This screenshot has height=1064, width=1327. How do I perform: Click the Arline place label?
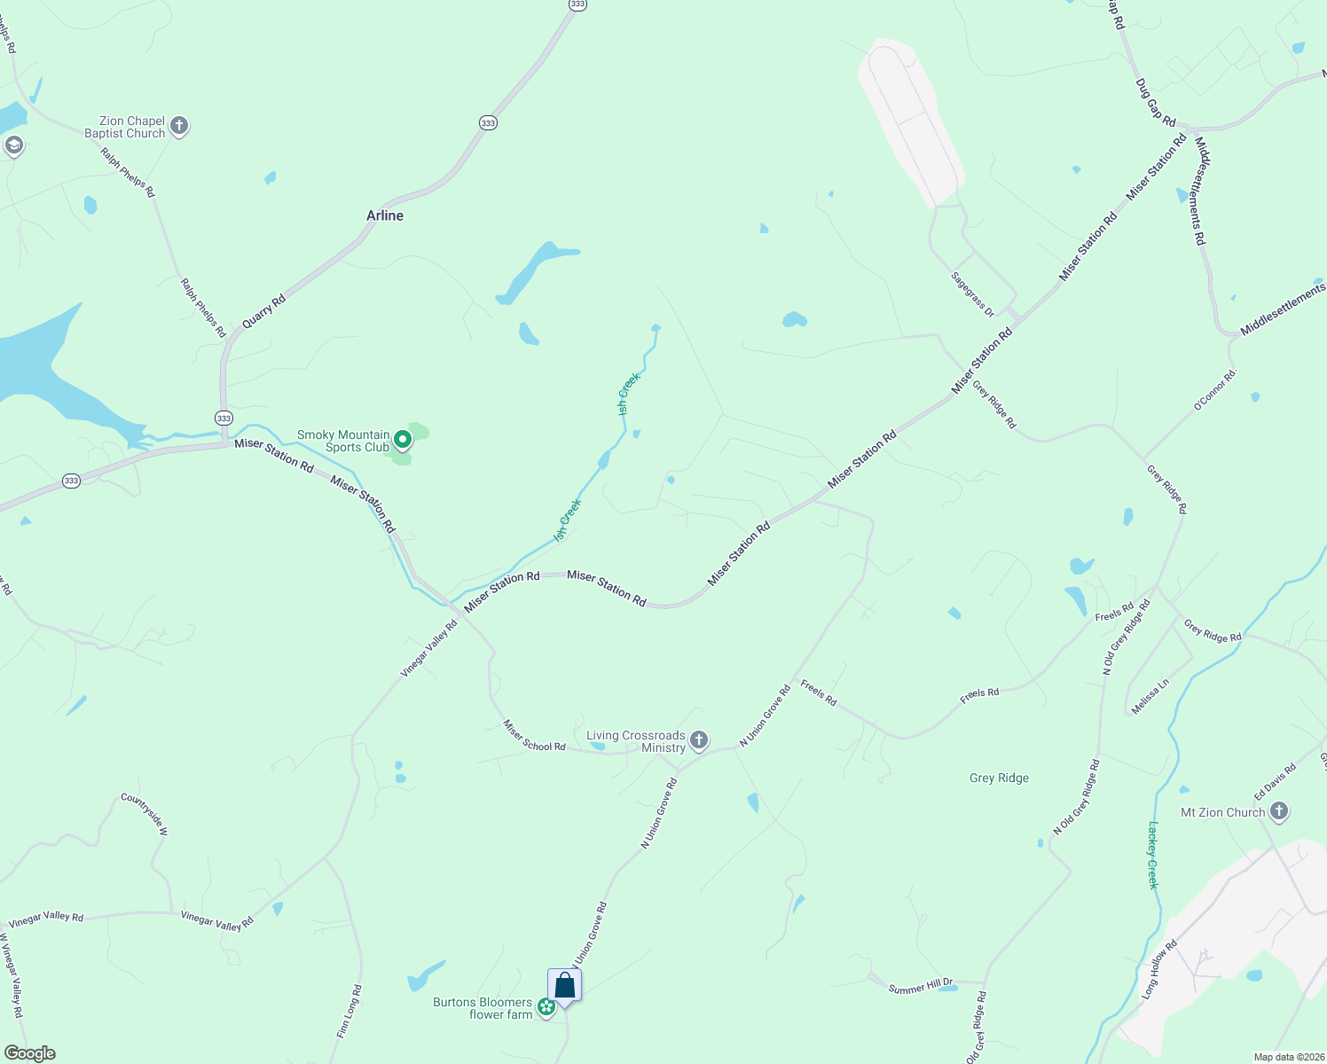pyautogui.click(x=385, y=215)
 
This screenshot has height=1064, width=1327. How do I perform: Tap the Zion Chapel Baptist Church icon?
pyautogui.click(x=179, y=126)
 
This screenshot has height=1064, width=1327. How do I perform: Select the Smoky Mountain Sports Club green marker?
pyautogui.click(x=403, y=440)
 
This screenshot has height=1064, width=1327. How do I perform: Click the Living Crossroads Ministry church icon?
pyautogui.click(x=699, y=739)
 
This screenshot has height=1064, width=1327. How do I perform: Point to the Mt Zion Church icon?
pyautogui.click(x=1278, y=810)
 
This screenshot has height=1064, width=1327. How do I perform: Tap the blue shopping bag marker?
pyautogui.click(x=564, y=986)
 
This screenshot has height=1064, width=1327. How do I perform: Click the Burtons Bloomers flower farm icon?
pyautogui.click(x=546, y=1006)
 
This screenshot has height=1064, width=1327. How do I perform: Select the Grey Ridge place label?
pyautogui.click(x=999, y=778)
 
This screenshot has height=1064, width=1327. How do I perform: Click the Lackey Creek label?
pyautogui.click(x=1153, y=855)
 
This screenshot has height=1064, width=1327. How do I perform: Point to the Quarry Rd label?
pyautogui.click(x=263, y=312)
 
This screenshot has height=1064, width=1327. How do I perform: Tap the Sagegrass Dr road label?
pyautogui.click(x=972, y=293)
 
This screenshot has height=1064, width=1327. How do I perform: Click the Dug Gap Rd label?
pyautogui.click(x=1155, y=102)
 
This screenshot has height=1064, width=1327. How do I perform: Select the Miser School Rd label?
pyautogui.click(x=534, y=735)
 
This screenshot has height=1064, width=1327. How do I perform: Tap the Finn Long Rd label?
pyautogui.click(x=349, y=1011)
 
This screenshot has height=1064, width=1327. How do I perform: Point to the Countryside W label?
pyautogui.click(x=144, y=814)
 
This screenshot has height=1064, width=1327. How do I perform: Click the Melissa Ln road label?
pyautogui.click(x=1150, y=697)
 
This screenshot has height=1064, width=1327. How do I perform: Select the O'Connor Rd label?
pyautogui.click(x=1214, y=391)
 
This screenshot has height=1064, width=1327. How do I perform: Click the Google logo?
pyautogui.click(x=29, y=1053)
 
